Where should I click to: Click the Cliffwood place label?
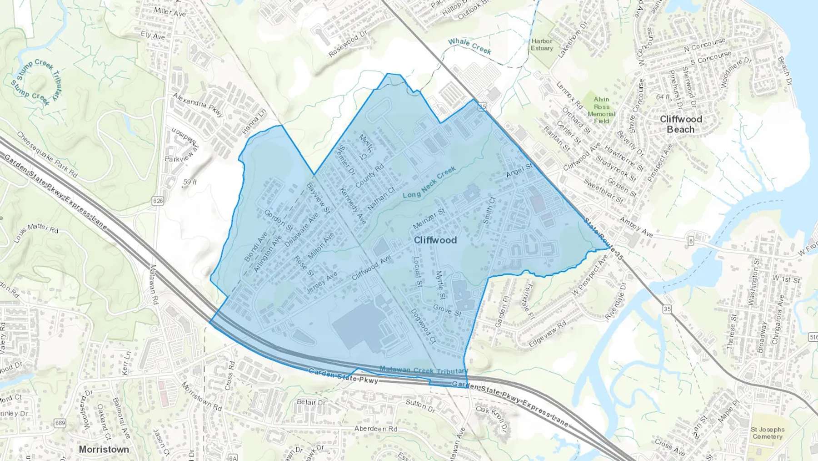(x=435, y=240)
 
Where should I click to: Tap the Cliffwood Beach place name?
(x=680, y=124)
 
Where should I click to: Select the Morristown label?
(x=104, y=449)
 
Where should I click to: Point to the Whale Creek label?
(x=469, y=46)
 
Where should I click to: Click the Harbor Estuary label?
(x=542, y=45)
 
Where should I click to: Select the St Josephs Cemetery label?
(x=767, y=433)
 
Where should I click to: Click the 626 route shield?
(x=158, y=201)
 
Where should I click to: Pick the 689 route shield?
(x=60, y=423)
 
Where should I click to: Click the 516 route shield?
(x=813, y=337)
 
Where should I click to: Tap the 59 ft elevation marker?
(x=190, y=182)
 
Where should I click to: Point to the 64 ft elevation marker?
(x=663, y=97)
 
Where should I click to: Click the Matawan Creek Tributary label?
(x=424, y=370)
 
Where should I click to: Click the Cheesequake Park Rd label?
(x=47, y=155)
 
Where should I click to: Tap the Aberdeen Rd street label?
(x=375, y=429)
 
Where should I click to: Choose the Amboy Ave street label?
(x=636, y=227)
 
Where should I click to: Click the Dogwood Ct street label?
(x=423, y=326)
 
